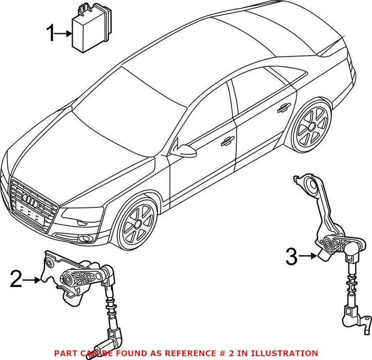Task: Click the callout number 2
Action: click(17, 280)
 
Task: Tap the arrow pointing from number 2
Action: click(33, 280)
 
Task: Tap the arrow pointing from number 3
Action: click(308, 255)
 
